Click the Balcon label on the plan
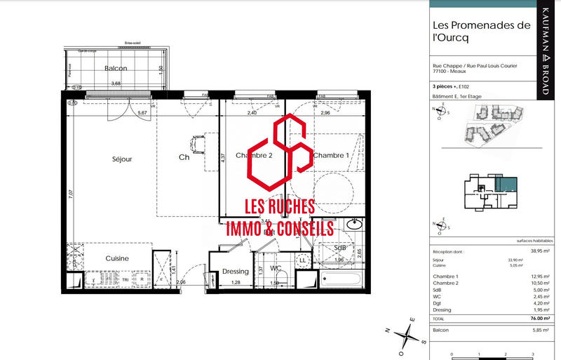[115, 69]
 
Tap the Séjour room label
[121, 159]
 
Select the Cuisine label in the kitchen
[117, 258]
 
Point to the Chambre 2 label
[253, 155]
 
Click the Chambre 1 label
[330, 155]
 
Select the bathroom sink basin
[353, 226]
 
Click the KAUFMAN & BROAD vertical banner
[546, 52]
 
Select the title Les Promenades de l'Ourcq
[481, 33]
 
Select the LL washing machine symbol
[302, 260]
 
